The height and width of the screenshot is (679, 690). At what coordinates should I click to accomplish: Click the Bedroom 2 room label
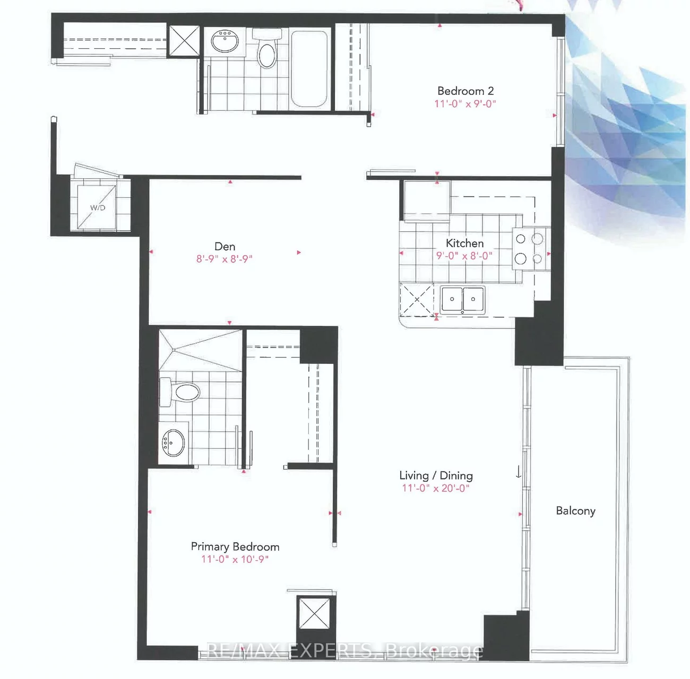tap(465, 91)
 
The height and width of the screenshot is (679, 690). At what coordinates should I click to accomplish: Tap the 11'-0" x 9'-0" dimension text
tap(465, 103)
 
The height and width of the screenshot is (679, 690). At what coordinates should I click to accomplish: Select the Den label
tap(225, 246)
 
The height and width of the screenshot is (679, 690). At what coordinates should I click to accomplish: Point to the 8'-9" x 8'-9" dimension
tap(225, 259)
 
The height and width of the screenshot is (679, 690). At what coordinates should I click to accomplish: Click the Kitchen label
tap(464, 243)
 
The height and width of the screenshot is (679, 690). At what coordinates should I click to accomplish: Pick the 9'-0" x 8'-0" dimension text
tap(464, 256)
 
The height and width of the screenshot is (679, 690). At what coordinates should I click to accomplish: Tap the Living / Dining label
tap(436, 475)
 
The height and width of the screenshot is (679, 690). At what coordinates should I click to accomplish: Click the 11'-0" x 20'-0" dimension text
tap(436, 488)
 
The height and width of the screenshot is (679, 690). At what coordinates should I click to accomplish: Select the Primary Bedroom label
tap(235, 546)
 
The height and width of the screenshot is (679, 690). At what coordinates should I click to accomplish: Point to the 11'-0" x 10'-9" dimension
tap(235, 559)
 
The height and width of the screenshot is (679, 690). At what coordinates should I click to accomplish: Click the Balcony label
tap(575, 510)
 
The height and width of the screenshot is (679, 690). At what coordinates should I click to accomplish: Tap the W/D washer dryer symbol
tap(97, 207)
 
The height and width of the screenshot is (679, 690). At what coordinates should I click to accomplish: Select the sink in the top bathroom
tap(225, 41)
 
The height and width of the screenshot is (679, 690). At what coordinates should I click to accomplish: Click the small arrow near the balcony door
tap(519, 472)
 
